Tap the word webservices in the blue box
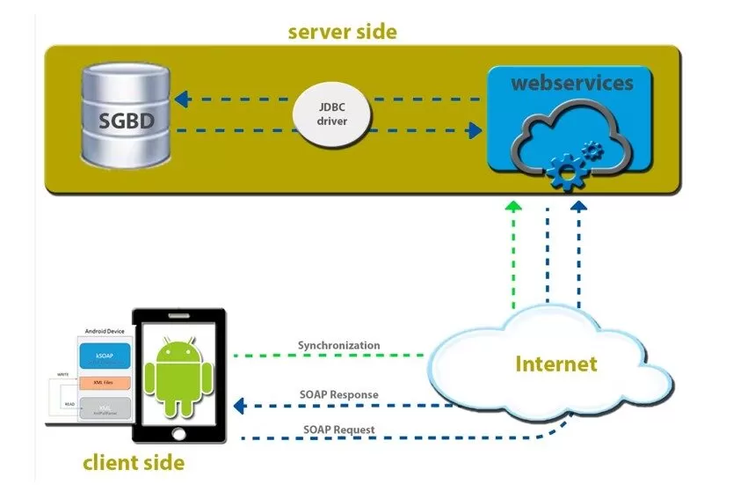point(571,84)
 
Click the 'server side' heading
point(343,33)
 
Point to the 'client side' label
point(134,461)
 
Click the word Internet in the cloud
point(555,364)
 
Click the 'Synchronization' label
point(339,346)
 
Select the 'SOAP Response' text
point(338,394)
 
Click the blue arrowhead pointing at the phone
point(238,407)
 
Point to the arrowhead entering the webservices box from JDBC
point(476,131)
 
